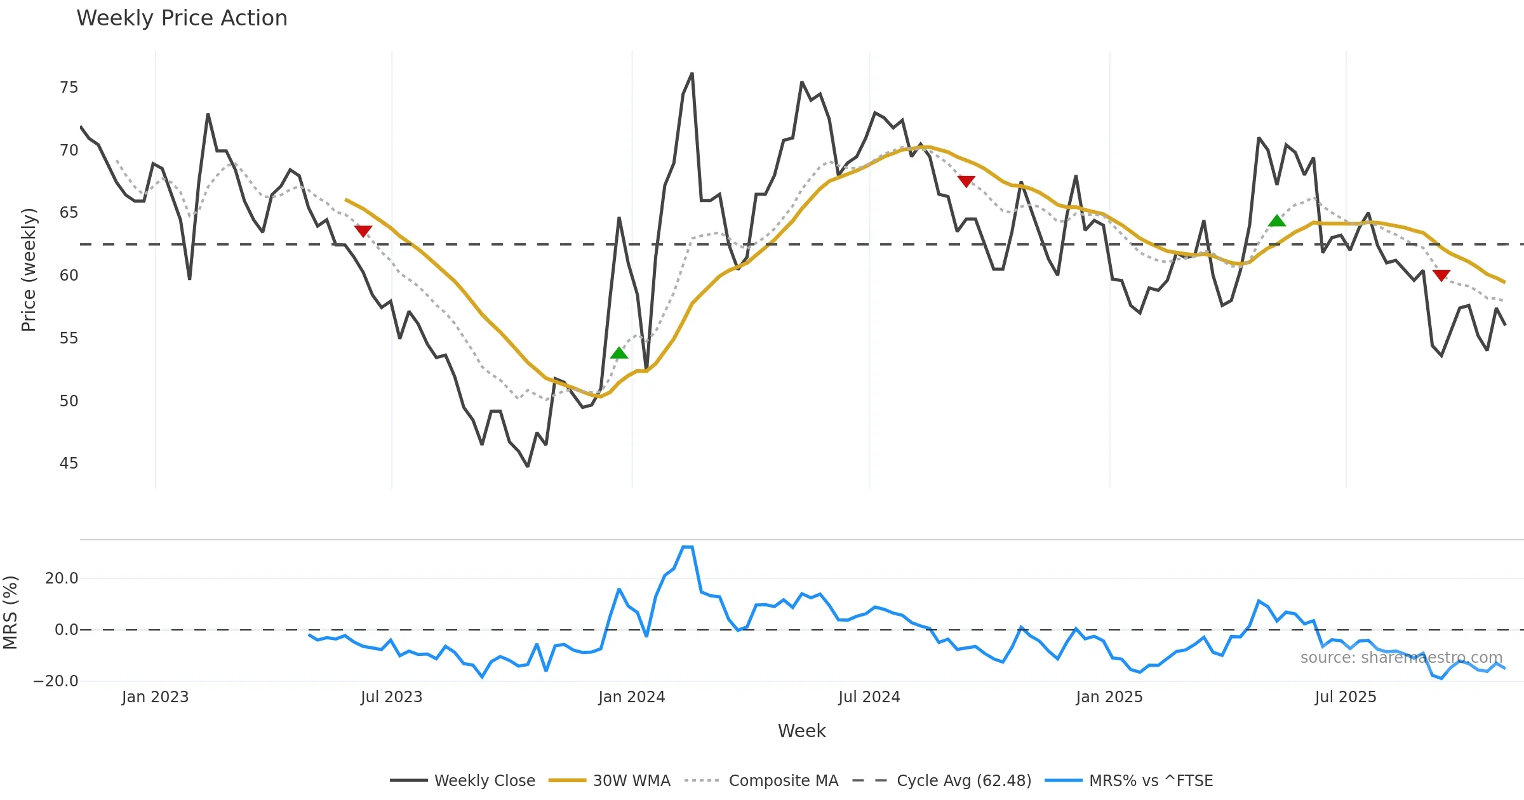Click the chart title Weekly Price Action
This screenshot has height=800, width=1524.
pyautogui.click(x=182, y=18)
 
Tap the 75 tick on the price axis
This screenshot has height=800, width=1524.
pyautogui.click(x=69, y=88)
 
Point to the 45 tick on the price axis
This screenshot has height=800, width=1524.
pyautogui.click(x=69, y=463)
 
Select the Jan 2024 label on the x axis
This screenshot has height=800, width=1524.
pyautogui.click(x=631, y=697)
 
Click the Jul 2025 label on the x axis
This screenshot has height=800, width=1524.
pyautogui.click(x=1345, y=697)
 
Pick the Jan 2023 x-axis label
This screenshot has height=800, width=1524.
pyautogui.click(x=155, y=697)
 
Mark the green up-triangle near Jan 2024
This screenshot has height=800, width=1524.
pyautogui.click(x=619, y=353)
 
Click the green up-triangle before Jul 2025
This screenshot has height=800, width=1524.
pyautogui.click(x=1276, y=221)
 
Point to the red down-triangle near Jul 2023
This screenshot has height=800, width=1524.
pyautogui.click(x=363, y=231)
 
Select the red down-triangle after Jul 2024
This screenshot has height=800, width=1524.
pyautogui.click(x=966, y=182)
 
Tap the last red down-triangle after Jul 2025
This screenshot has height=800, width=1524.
pyautogui.click(x=1441, y=275)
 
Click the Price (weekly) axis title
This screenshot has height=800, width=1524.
pyautogui.click(x=29, y=270)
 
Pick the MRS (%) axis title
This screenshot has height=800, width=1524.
pyautogui.click(x=10, y=613)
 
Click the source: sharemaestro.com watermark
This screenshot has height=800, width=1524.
pyautogui.click(x=1401, y=658)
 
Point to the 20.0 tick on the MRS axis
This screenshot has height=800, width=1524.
pyautogui.click(x=62, y=578)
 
